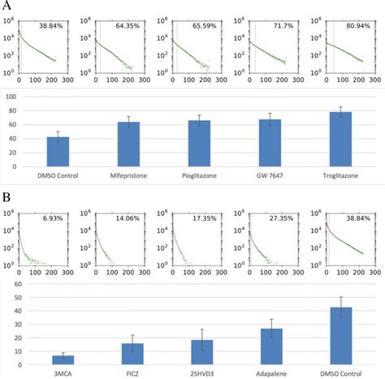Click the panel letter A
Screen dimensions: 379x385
click(6, 6)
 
